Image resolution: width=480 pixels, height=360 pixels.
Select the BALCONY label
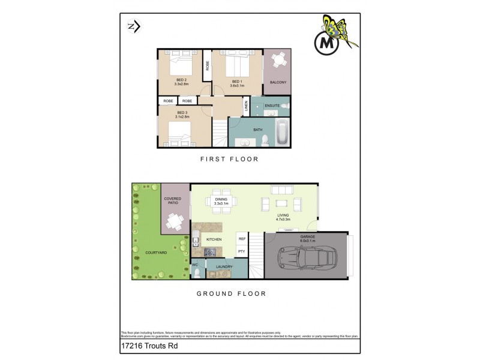278,82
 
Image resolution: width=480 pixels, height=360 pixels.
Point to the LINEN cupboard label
246,106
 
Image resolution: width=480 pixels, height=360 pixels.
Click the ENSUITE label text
272,106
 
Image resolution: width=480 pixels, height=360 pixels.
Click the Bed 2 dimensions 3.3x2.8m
181,85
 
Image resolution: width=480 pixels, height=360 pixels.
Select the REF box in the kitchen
242,239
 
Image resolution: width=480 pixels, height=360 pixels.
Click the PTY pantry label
242,251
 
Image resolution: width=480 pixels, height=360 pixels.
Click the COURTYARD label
156,253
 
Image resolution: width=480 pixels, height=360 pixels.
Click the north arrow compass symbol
133,26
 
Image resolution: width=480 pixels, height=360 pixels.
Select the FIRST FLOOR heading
230,160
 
